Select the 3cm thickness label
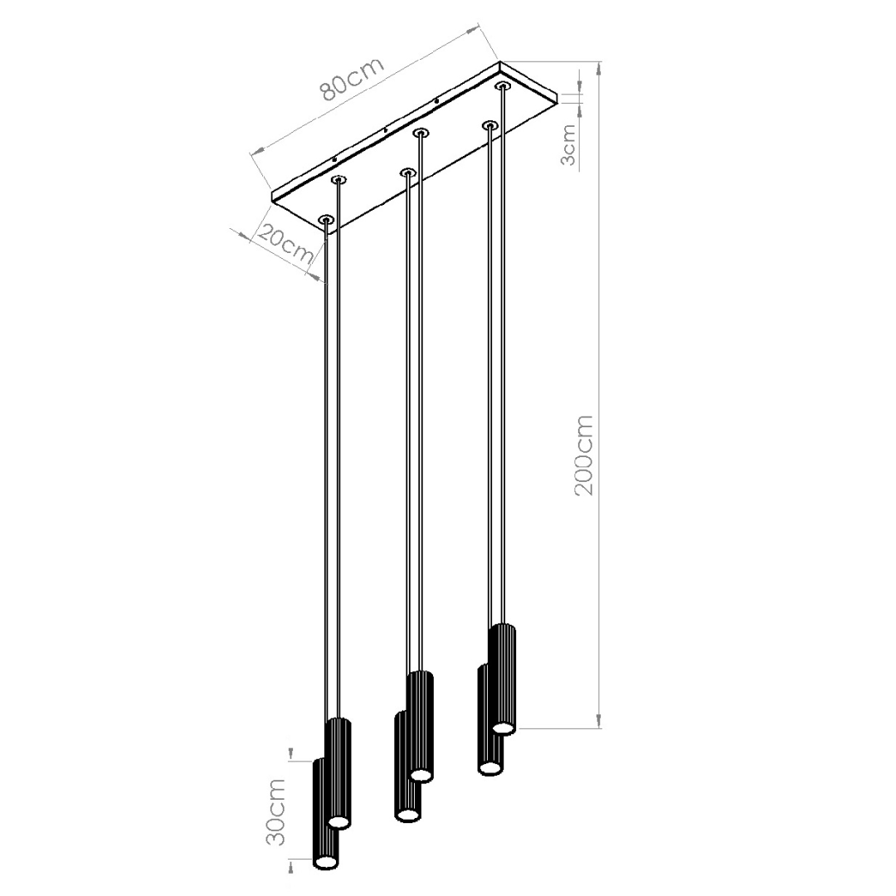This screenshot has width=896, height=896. pyautogui.click(x=568, y=144)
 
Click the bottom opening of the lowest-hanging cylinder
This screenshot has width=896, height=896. pyautogui.click(x=326, y=864)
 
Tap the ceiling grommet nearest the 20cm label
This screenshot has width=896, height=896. pyautogui.click(x=326, y=220)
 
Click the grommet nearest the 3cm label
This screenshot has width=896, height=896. pyautogui.click(x=502, y=85)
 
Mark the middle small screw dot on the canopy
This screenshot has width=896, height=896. pyautogui.click(x=386, y=130)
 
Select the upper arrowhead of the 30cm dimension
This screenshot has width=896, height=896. pyautogui.click(x=290, y=753)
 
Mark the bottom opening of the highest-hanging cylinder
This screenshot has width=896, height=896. pyautogui.click(x=504, y=728)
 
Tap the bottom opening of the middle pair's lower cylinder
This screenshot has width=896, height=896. pyautogui.click(x=407, y=816)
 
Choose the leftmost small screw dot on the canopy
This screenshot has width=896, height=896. pyautogui.click(x=334, y=158)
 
